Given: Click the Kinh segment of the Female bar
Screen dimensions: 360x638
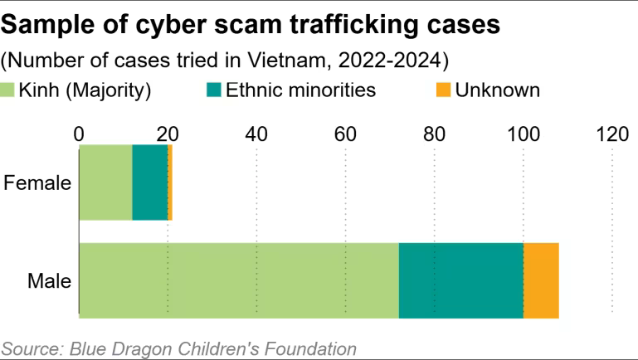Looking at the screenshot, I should (105, 182).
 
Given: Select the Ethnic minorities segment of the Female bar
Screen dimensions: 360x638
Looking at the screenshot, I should (149, 182).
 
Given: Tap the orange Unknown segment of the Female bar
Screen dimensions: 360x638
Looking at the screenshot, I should (170, 182).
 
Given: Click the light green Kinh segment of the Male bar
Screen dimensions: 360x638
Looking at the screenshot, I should (238, 280).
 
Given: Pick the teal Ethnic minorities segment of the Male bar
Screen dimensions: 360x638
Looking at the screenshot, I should (460, 280).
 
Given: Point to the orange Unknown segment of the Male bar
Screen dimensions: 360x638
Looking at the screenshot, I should (541, 280).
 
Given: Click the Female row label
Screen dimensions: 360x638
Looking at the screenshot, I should (37, 183).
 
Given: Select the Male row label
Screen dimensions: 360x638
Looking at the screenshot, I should (49, 281).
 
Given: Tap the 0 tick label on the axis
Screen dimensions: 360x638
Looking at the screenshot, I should (79, 134).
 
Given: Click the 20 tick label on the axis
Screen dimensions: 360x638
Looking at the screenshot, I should (168, 134).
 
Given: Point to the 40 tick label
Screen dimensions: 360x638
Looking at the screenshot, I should (256, 134).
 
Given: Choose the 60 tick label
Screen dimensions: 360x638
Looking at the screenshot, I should (345, 134).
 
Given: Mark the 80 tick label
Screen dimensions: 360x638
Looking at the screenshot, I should (434, 134).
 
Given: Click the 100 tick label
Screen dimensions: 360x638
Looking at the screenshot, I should (523, 134).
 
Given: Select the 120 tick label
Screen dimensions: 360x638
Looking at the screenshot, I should (611, 134).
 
